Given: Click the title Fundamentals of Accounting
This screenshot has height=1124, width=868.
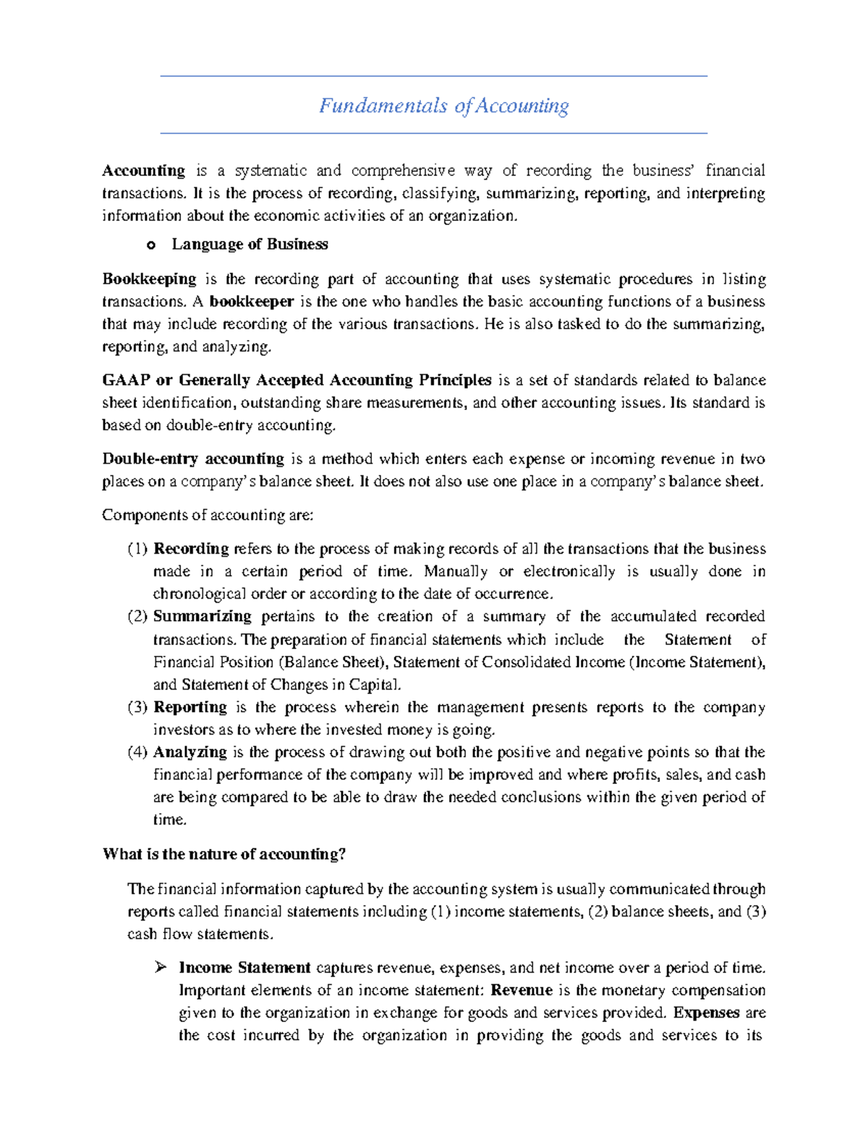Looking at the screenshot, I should pos(443,106).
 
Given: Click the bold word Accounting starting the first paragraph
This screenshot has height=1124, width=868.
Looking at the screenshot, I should pos(143,171).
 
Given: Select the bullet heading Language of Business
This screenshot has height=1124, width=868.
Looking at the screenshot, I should pos(250,245).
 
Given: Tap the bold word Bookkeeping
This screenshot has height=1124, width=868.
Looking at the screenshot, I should pos(149,279).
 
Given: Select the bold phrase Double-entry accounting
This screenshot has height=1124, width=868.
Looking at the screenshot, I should pos(193,459).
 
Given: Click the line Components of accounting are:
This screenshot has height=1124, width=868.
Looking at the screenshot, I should pos(208,515).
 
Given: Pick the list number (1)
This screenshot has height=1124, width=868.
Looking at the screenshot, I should pos(137,549).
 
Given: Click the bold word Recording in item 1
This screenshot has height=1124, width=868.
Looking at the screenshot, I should pos(191,549).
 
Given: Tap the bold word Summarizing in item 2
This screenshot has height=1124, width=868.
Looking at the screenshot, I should pos(202,617).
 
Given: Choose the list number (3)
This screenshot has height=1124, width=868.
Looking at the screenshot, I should pos(137,708).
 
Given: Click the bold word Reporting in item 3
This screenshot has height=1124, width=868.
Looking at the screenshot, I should pos(190,708).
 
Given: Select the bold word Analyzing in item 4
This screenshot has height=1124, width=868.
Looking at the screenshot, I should pos(190,753).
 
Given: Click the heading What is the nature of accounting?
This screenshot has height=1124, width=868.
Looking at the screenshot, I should pos(224,855).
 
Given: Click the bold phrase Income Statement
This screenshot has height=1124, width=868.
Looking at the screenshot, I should pos(244,968).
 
